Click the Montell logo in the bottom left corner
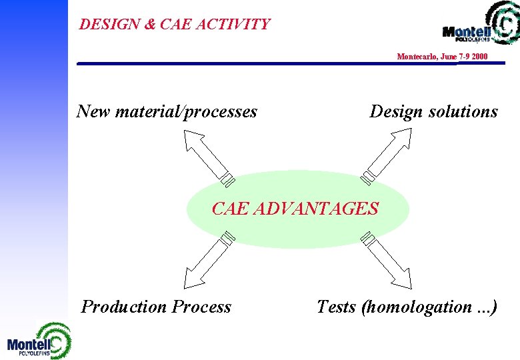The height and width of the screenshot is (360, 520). (38, 341)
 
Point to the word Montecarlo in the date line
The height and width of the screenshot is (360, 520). (417, 57)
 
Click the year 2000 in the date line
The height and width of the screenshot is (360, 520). (478, 57)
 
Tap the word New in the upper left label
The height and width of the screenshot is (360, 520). (93, 111)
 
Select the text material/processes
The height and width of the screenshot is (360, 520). (186, 112)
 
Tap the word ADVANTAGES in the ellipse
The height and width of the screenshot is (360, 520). (316, 209)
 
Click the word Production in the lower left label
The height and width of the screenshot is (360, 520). (124, 307)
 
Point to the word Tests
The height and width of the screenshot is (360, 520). (336, 307)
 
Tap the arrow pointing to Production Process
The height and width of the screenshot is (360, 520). (208, 259)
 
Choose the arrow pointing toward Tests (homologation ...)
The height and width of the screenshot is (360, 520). (386, 259)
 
